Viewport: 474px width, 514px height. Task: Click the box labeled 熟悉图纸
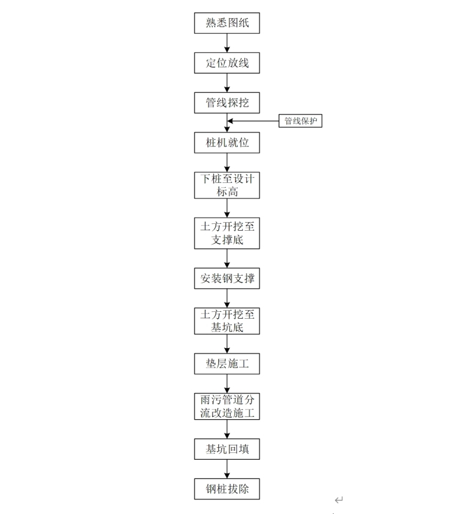pyautogui.click(x=227, y=23)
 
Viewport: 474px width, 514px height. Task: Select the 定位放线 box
pyautogui.click(x=227, y=63)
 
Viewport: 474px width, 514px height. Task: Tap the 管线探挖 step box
pyautogui.click(x=227, y=103)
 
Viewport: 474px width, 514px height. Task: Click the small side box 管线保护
pyautogui.click(x=301, y=121)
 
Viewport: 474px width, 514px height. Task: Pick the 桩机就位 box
pyautogui.click(x=227, y=143)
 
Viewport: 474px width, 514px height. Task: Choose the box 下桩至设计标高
pyautogui.click(x=227, y=185)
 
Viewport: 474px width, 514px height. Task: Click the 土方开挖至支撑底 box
pyautogui.click(x=227, y=233)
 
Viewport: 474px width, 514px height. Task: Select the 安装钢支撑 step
pyautogui.click(x=227, y=279)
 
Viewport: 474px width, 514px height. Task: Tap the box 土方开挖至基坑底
pyautogui.click(x=227, y=321)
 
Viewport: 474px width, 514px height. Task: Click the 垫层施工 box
pyautogui.click(x=227, y=364)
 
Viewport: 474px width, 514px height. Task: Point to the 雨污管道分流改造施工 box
pyautogui.click(x=227, y=406)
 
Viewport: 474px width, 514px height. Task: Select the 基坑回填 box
pyautogui.click(x=227, y=449)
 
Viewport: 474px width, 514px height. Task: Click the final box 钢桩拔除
pyautogui.click(x=227, y=488)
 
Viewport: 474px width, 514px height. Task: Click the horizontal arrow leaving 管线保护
pyautogui.click(x=253, y=121)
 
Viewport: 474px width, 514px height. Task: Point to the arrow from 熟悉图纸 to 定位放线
pyautogui.click(x=227, y=43)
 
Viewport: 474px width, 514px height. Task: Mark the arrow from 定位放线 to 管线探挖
pyautogui.click(x=227, y=83)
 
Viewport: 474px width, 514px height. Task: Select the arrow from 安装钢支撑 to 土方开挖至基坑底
pyautogui.click(x=227, y=298)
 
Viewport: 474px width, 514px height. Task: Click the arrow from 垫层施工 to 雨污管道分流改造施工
pyautogui.click(x=227, y=383)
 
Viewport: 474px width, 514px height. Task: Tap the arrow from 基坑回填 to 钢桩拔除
pyautogui.click(x=227, y=468)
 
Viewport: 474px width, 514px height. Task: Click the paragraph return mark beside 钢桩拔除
pyautogui.click(x=339, y=500)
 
